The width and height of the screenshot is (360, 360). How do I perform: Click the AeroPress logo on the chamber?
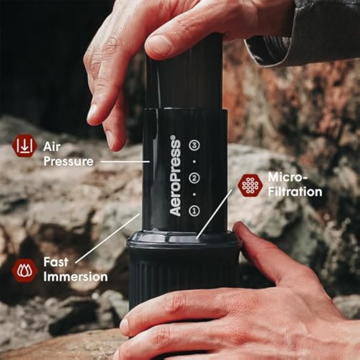pos(175,176)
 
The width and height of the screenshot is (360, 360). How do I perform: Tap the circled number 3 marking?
pos(194,145)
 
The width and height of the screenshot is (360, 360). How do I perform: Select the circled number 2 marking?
pos(194,178)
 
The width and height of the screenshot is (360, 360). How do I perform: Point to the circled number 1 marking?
pos(194,211)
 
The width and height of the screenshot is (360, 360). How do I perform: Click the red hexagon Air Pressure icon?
pos(25,146)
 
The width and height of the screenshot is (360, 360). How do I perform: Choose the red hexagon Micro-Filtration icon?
pos(250,185)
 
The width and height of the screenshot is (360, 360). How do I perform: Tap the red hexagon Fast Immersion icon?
pos(25,270)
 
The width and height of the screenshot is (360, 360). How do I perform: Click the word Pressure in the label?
pos(68,161)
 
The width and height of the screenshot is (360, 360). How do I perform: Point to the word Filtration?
pos(295,192)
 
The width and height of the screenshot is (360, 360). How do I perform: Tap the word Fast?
pos(56,262)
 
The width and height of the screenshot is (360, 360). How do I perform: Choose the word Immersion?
pos(76,277)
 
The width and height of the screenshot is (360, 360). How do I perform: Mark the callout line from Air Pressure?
pos(125,162)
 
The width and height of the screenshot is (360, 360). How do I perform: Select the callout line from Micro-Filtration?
pos(214,214)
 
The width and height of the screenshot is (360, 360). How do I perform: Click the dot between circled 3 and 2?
pos(194,162)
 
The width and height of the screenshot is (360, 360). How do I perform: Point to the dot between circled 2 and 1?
pos(194,194)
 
